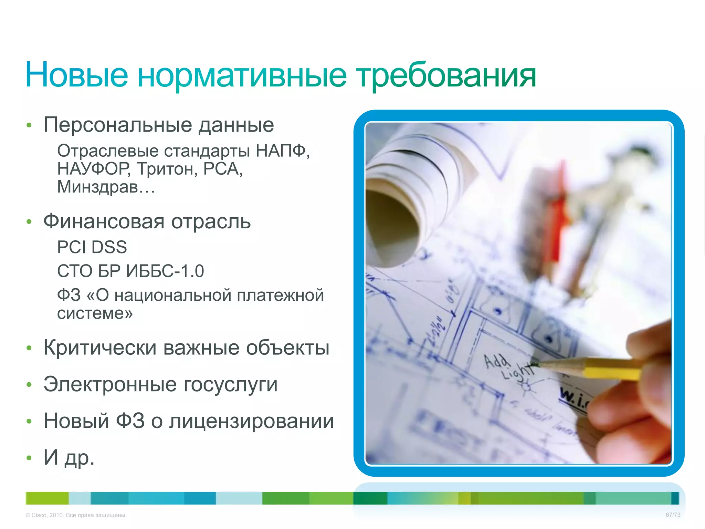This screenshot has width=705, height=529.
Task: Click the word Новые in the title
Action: [76, 75]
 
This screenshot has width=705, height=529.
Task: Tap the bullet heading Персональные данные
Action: [159, 125]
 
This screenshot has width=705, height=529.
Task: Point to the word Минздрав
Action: [98, 187]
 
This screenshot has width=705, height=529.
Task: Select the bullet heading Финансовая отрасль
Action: [147, 221]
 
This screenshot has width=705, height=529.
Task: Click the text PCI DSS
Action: [92, 247]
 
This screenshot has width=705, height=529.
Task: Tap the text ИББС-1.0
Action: [165, 271]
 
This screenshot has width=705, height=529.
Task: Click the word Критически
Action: [100, 348]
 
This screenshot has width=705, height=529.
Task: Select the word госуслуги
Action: [230, 384]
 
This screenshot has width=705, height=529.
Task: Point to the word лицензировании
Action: [251, 421]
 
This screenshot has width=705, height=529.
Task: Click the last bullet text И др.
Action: [69, 457]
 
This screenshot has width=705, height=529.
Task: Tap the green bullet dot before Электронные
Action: [29, 384]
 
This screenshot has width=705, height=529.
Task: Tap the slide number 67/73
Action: [673, 515]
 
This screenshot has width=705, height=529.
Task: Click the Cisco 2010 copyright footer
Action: [76, 515]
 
